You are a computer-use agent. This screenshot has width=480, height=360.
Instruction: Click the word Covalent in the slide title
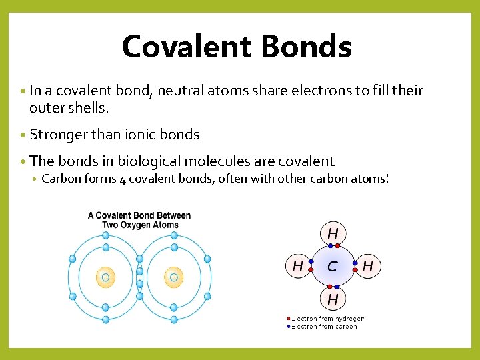pyautogui.click(x=186, y=47)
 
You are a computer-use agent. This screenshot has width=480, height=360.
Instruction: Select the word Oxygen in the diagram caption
pyautogui.click(x=127, y=225)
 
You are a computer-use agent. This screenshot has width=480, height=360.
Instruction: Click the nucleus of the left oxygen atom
pyautogui.click(x=105, y=276)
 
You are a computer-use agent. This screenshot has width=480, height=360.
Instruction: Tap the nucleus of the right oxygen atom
pyautogui.click(x=174, y=276)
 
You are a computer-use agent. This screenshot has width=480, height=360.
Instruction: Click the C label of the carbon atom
pyautogui.click(x=332, y=267)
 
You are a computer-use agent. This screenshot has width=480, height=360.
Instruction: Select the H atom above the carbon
pyautogui.click(x=332, y=234)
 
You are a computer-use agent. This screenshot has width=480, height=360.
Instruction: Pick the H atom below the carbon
pyautogui.click(x=332, y=299)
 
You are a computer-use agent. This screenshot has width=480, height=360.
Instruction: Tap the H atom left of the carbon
pyautogui.click(x=297, y=267)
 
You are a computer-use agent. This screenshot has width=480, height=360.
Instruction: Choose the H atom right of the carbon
pyautogui.click(x=367, y=267)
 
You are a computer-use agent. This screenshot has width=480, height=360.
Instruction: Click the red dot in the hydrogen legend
pyautogui.click(x=288, y=319)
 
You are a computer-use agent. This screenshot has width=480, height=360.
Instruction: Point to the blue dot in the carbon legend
pyautogui.click(x=288, y=327)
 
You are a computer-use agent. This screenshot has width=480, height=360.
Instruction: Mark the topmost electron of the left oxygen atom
pyautogui.click(x=105, y=235)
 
